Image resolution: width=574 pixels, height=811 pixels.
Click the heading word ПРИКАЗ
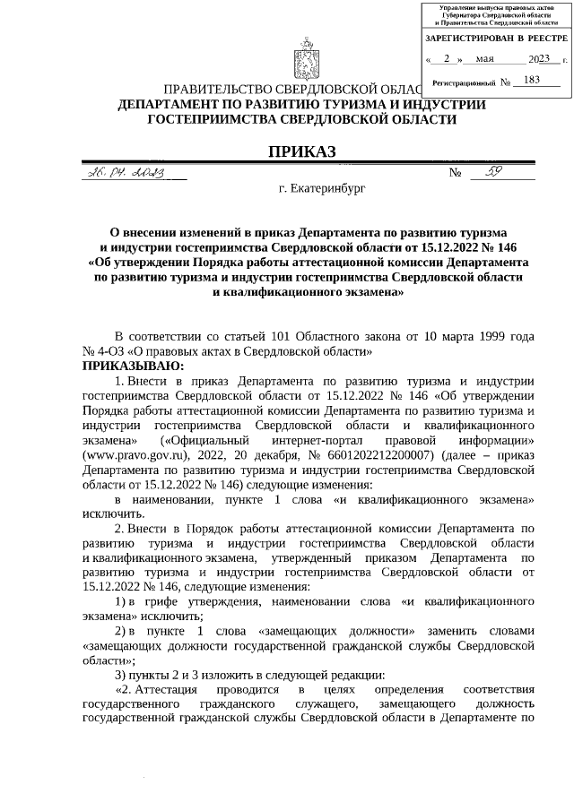302,152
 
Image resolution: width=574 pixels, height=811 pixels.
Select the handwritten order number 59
493,171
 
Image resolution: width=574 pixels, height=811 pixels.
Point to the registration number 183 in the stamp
531,81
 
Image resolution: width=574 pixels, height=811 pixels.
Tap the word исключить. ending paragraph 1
112,514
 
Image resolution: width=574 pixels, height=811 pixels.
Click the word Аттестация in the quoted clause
167,688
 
